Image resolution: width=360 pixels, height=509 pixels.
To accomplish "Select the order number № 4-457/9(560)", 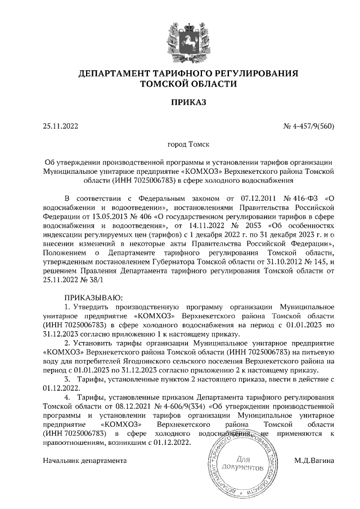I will [309, 126].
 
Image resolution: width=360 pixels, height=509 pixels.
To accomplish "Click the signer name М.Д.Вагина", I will [314, 461].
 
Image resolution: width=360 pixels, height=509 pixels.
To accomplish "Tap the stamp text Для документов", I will [241, 463].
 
